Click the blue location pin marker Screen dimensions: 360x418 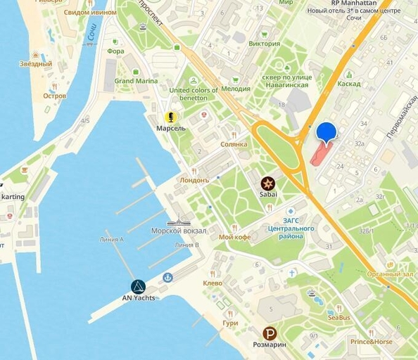[x=327, y=132]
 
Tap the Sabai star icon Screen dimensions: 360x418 [x=268, y=182]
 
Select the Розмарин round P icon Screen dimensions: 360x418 [x=270, y=334]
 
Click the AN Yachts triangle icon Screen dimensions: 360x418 [x=138, y=286]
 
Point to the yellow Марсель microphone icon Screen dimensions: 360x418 [x=170, y=117]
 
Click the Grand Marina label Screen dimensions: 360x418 [x=136, y=81]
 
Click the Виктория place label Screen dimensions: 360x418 [x=265, y=44]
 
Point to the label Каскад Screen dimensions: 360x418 [x=348, y=84]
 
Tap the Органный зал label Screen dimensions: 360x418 [x=390, y=274]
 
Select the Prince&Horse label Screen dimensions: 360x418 [x=372, y=342]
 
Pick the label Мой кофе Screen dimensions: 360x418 [x=235, y=237]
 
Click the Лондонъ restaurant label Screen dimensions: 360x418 [x=195, y=180]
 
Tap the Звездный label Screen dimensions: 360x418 [x=36, y=64]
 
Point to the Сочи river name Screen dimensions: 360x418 [x=91, y=32]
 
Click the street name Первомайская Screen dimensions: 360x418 [x=400, y=117]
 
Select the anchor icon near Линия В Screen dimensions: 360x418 [x=167, y=278]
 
